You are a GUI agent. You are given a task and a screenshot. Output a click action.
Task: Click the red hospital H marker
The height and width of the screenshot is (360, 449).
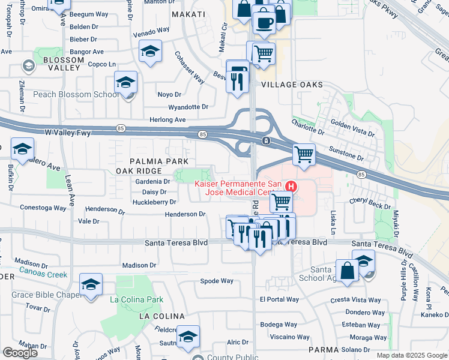(291, 186)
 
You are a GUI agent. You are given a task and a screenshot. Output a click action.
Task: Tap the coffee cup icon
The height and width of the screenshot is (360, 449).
(263, 23)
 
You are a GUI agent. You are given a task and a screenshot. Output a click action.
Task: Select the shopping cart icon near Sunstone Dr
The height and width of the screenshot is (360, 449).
(304, 154)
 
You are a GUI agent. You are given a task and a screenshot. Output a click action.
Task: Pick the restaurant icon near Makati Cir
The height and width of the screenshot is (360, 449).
(238, 76)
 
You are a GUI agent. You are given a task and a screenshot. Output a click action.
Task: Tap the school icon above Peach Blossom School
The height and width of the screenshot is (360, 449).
(126, 83)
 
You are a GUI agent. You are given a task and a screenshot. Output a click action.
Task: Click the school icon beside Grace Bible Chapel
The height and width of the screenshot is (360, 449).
(91, 284)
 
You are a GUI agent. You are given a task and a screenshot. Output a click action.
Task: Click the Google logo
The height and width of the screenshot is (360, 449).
(20, 353)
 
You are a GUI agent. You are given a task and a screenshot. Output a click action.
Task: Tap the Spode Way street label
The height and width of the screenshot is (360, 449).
(217, 281)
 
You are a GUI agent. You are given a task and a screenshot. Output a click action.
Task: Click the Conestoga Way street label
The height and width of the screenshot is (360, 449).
(44, 208)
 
